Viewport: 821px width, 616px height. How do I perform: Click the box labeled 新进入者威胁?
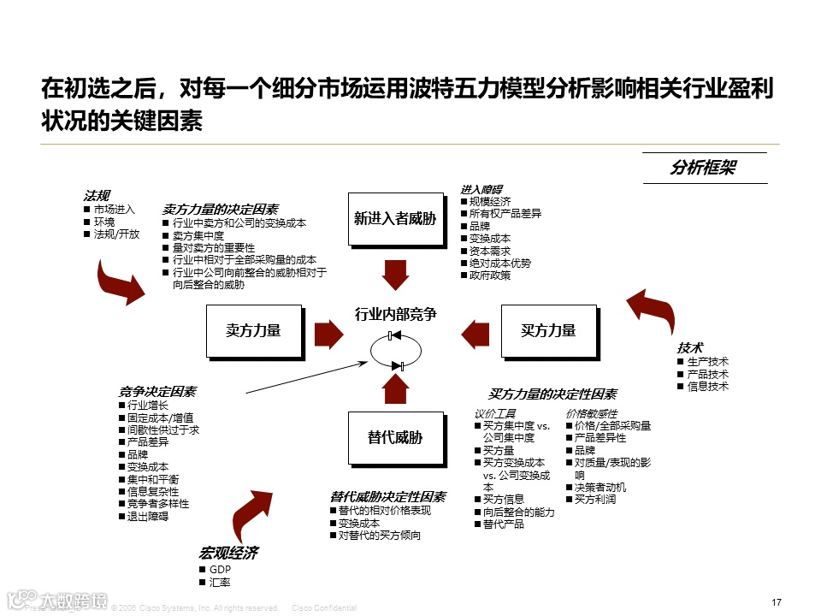coord(394,219)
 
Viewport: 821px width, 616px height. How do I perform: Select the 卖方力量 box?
coord(253,330)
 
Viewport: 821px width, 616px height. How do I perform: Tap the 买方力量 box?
coord(548,330)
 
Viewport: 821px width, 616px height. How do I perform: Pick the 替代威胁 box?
coord(394,438)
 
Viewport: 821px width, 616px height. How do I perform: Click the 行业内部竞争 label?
coord(395,315)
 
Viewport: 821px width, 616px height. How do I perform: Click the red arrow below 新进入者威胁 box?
coord(395,274)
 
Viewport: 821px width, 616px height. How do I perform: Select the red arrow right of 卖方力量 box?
coord(328,331)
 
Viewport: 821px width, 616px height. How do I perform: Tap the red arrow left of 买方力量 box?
coord(473,331)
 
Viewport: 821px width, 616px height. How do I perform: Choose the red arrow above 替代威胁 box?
coord(395,389)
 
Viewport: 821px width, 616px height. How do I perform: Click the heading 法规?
coord(96,195)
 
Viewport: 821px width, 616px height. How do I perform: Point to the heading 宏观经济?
coord(227,554)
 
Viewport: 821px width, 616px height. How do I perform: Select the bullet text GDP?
coord(220,569)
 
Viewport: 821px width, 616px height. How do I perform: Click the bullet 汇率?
coord(219,582)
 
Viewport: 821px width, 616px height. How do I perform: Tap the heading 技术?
coord(689,347)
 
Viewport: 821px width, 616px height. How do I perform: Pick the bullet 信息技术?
coord(708,386)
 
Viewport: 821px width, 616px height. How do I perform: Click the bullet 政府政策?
coord(490,275)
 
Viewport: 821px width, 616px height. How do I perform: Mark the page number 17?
coord(777,602)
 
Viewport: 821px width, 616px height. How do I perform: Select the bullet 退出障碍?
coord(148,516)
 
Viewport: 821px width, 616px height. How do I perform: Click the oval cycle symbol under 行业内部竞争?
coord(396,351)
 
